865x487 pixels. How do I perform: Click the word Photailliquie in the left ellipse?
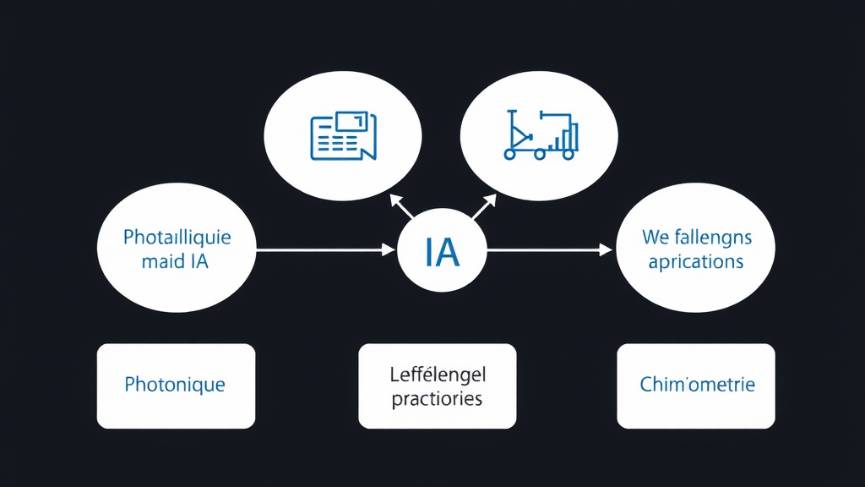point(177,237)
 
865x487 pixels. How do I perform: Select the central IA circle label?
point(443,251)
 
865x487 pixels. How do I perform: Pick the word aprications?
point(696,261)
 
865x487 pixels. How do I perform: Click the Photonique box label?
point(175,385)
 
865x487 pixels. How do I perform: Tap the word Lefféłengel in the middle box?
point(438,374)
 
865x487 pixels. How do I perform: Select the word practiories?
point(437,397)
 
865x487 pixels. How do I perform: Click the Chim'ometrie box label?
point(697,385)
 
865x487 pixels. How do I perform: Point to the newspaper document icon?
point(343,135)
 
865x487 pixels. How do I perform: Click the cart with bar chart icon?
point(541,134)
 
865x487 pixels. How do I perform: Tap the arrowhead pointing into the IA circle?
point(389,250)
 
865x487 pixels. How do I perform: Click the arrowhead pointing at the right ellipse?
point(605,250)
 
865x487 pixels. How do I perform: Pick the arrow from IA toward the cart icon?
point(485,207)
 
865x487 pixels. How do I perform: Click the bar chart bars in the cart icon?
point(569,136)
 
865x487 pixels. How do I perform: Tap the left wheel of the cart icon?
point(510,155)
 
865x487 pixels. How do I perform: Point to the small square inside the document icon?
point(351,123)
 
